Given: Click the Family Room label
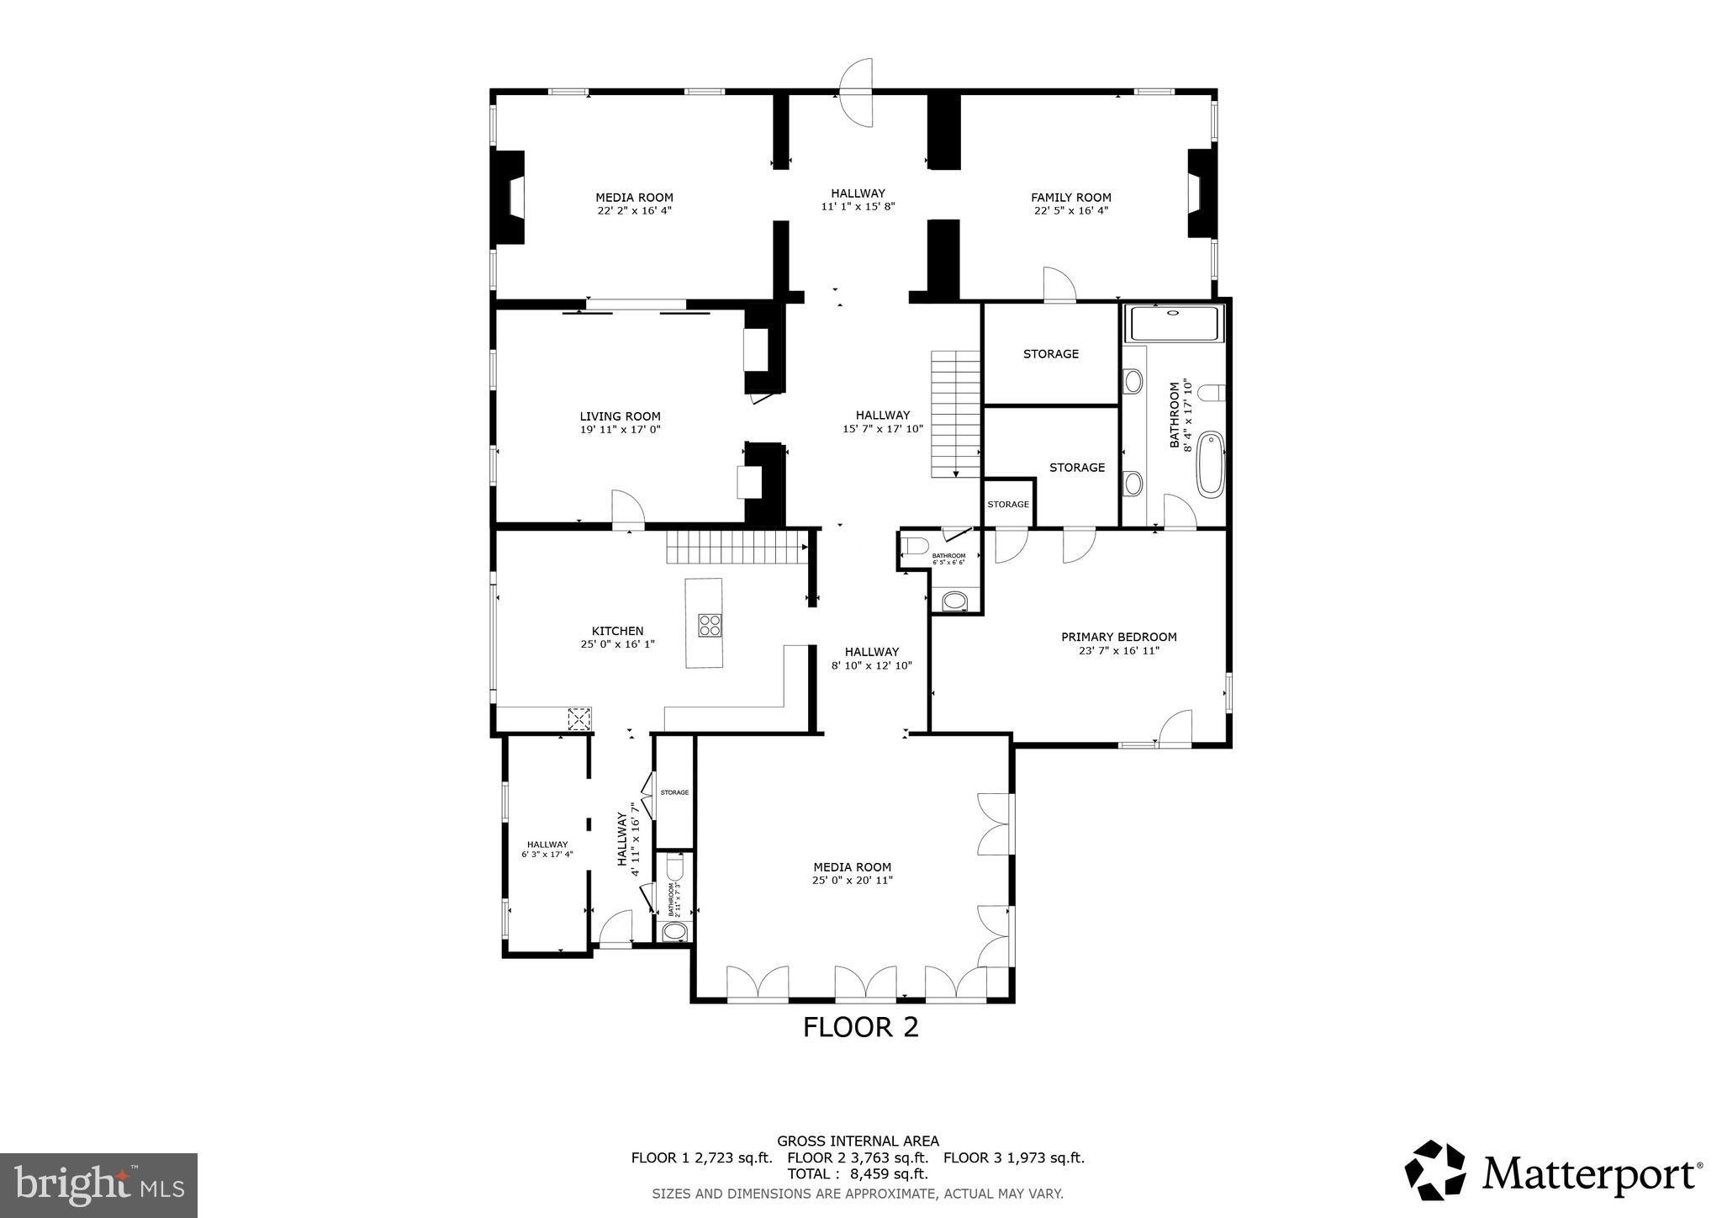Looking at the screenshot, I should [1070, 198].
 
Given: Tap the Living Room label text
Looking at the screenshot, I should [620, 416].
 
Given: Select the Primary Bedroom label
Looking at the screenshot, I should [1118, 637].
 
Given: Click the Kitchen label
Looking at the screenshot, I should [617, 631].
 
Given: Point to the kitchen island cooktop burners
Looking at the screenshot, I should [709, 624].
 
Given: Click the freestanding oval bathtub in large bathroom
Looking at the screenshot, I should [1210, 463].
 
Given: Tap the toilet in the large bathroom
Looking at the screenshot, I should [1213, 393].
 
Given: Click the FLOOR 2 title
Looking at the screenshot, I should [860, 1027].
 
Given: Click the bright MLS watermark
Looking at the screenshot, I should [98, 1185].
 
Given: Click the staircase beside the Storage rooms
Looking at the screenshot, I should [955, 413].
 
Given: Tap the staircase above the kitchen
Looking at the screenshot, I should [737, 547].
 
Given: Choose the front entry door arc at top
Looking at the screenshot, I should [857, 92].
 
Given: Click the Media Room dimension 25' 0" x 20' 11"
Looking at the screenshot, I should [852, 880].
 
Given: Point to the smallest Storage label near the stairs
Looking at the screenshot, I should [1007, 504].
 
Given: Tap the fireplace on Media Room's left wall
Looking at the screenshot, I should [510, 198].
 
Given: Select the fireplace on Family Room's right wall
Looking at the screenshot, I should [1200, 193].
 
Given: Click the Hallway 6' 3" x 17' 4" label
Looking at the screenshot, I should [547, 850].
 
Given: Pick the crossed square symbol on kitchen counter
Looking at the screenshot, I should [579, 719].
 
